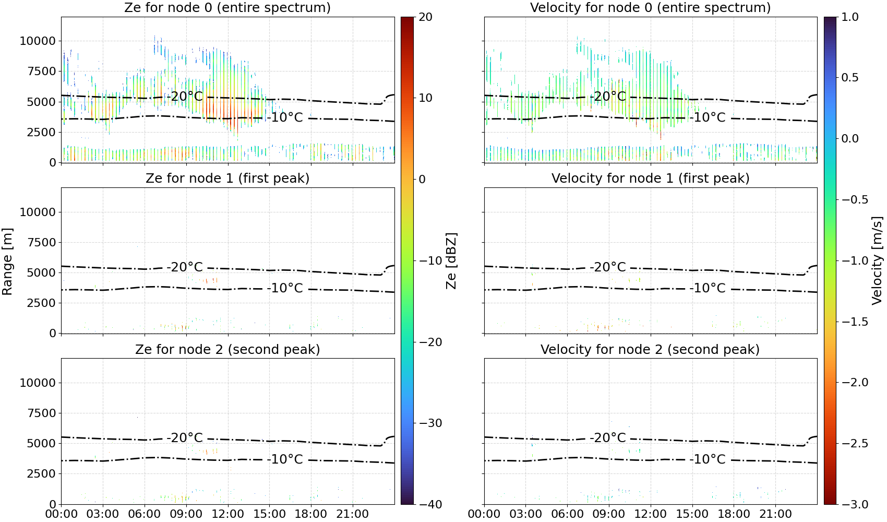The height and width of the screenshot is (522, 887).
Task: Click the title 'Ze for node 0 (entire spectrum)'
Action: point(227,7)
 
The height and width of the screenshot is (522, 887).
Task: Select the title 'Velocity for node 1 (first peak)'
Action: point(651,178)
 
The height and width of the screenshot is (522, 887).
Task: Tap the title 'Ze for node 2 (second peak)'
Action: point(227,349)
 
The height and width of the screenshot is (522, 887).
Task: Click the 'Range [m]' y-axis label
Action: point(7,262)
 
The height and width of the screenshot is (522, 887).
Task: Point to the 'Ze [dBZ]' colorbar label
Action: point(451,261)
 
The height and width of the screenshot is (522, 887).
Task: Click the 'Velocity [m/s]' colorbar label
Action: point(877,260)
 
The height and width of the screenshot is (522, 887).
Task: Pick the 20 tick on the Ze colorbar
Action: point(425,17)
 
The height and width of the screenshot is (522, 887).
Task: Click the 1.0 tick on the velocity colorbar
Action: point(850,17)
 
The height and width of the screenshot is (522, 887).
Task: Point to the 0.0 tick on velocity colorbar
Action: point(850,139)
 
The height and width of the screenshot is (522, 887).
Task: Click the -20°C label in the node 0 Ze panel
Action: point(185,96)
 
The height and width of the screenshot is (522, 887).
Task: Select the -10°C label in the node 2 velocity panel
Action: point(707,459)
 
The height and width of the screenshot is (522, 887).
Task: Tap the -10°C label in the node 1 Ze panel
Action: point(285,288)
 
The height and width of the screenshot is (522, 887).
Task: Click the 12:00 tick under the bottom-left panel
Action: point(228,514)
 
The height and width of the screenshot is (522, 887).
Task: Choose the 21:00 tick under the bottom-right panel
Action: point(775,514)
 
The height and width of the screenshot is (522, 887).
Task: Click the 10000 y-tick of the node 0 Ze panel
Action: point(38,41)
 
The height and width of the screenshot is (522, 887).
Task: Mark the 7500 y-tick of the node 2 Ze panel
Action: point(41,413)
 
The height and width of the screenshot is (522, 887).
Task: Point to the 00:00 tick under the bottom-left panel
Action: point(62,514)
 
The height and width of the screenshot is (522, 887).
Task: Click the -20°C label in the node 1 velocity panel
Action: point(607,267)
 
